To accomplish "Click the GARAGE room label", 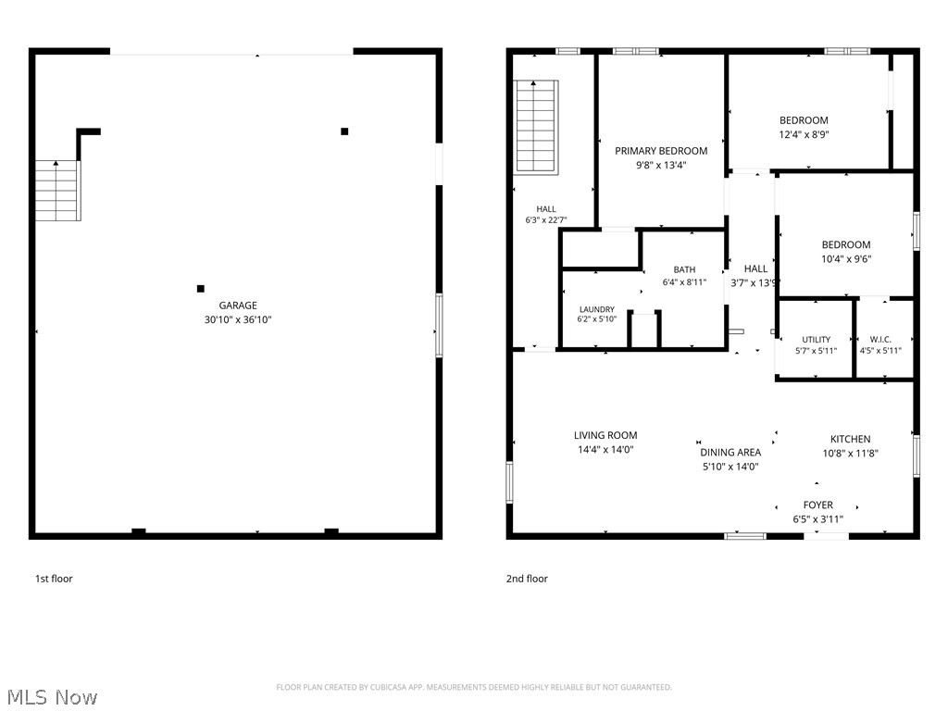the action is tap(238, 306).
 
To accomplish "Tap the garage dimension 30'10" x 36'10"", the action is tap(238, 319).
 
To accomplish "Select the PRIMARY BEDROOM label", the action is tap(661, 151).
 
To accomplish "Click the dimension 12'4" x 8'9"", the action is tap(804, 135).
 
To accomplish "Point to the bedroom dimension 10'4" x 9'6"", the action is tap(846, 259).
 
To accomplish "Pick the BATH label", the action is tap(684, 269).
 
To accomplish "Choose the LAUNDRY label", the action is tap(597, 309).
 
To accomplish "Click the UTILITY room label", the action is tap(817, 340).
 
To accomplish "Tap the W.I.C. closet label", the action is tap(880, 340).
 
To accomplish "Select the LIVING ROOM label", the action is tap(605, 435).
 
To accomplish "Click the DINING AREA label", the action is tap(730, 452).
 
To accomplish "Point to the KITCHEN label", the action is tap(850, 439).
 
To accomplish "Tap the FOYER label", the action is tap(818, 505).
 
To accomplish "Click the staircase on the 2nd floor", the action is tap(536, 128).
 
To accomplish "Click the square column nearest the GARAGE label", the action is tap(201, 289).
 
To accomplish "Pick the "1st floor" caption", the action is tap(54, 579).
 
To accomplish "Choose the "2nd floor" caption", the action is tap(527, 579).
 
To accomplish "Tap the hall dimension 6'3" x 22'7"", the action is tap(546, 220).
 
